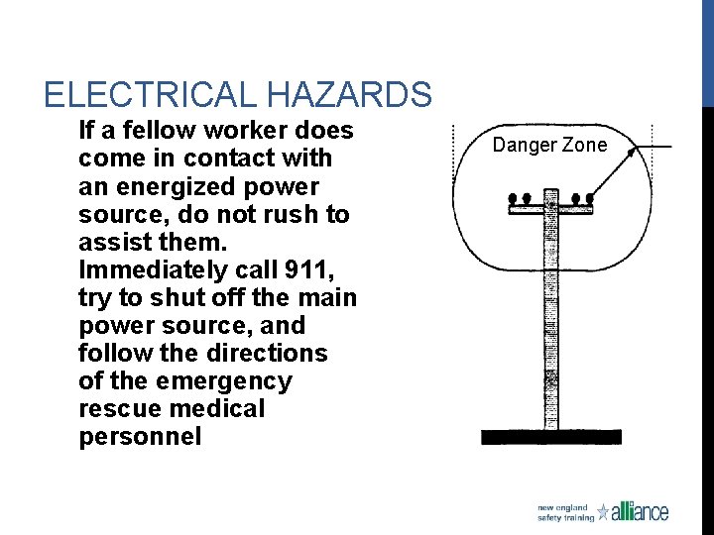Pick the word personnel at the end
tap(140, 436)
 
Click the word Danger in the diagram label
tap(524, 146)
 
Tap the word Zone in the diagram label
tap(584, 146)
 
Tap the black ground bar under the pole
tap(550, 437)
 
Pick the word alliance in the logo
tap(641, 511)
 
